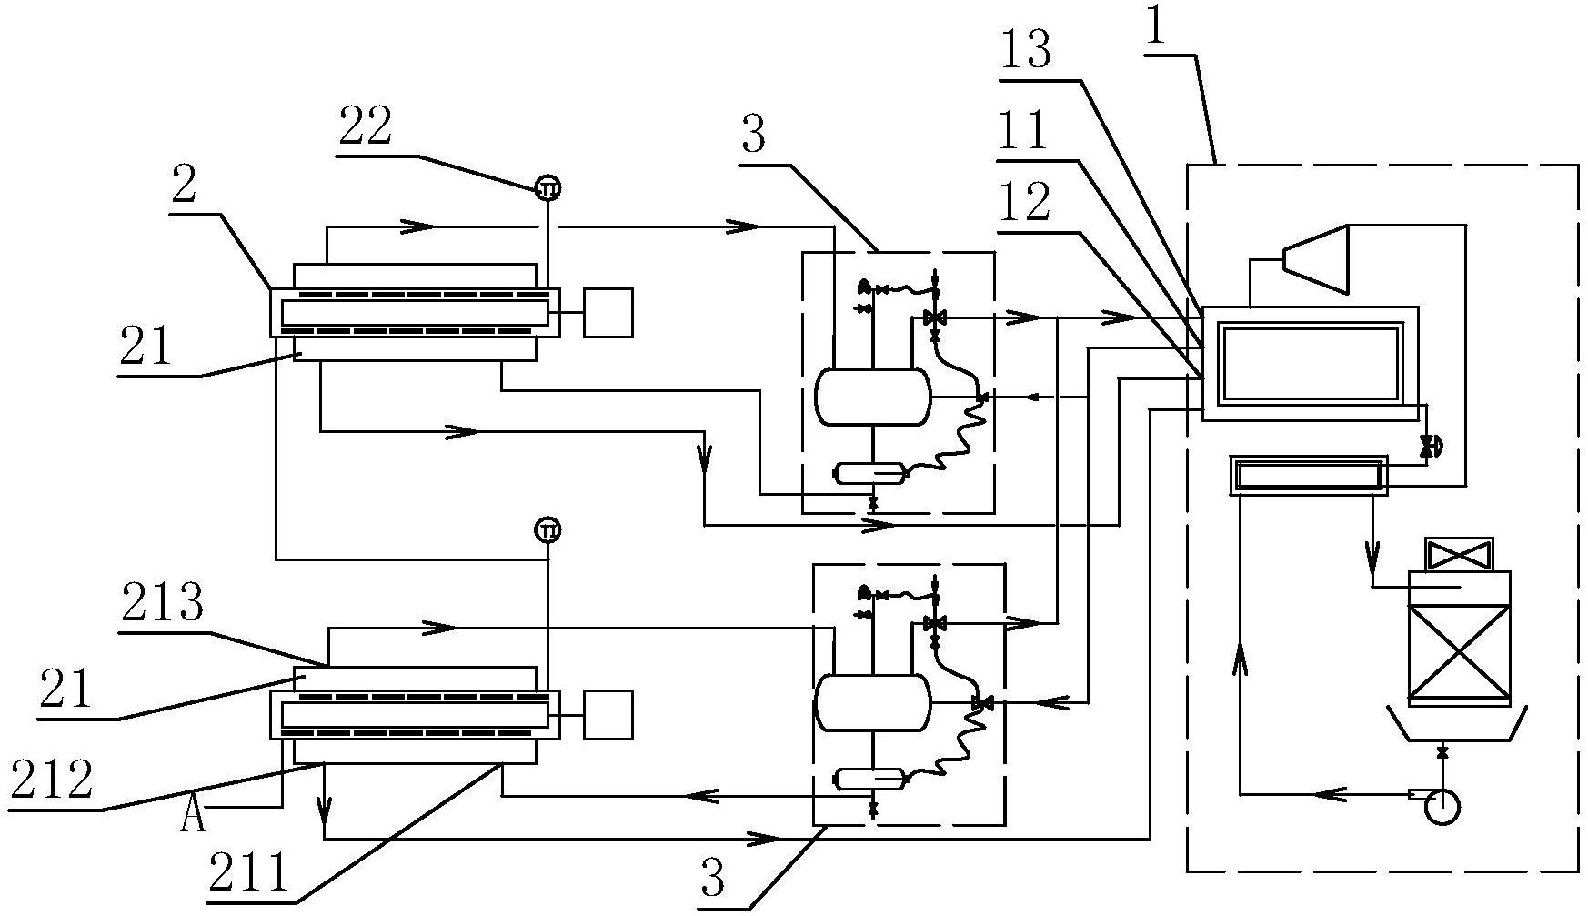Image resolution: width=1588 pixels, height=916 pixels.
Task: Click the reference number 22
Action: (366, 127)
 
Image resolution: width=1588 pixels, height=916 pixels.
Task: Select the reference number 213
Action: (162, 602)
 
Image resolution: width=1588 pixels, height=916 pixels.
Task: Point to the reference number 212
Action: (51, 780)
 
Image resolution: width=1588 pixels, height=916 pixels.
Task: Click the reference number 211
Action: (248, 871)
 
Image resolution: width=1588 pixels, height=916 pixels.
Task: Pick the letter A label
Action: (193, 817)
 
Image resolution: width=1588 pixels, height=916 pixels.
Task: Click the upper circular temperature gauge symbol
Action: (548, 188)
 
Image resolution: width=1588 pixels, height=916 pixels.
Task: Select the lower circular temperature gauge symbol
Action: (548, 528)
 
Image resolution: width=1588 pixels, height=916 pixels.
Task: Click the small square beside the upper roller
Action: (608, 313)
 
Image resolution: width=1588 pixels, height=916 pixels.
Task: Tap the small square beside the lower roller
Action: (608, 715)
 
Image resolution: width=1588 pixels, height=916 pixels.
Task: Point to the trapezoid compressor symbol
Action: (1314, 258)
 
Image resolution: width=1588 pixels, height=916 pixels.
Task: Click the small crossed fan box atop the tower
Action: (1459, 554)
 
